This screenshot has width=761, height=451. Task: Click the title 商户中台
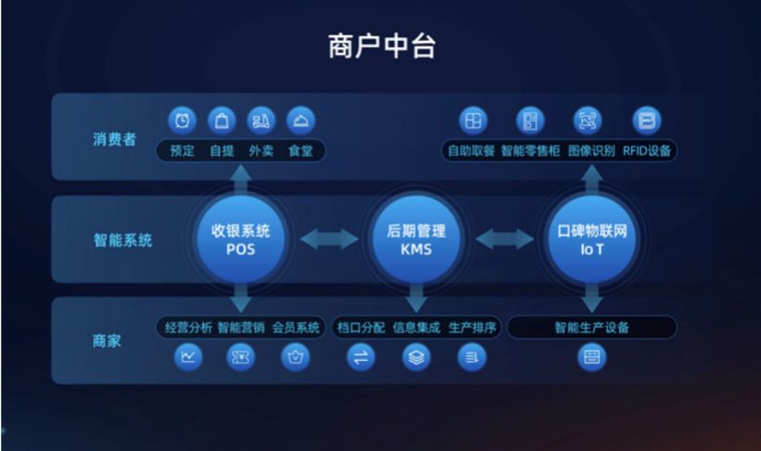382,46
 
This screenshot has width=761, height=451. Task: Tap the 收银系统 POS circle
240,239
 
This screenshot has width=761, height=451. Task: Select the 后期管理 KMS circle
416,239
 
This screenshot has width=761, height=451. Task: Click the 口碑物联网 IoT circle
591,239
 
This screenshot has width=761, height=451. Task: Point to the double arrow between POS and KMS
329,238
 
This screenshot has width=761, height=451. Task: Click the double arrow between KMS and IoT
504,238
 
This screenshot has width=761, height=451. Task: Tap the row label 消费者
114,140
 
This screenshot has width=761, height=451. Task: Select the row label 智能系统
123,239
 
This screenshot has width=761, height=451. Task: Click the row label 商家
107,341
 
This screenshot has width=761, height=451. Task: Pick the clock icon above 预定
182,121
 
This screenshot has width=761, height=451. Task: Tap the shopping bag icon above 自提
222,121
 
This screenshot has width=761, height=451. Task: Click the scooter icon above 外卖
261,121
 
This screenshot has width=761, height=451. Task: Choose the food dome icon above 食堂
301,121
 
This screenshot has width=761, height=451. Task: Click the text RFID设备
647,151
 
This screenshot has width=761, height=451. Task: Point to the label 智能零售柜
531,151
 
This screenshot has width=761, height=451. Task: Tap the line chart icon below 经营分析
187,357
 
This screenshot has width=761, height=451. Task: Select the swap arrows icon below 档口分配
361,358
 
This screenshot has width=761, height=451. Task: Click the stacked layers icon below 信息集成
417,358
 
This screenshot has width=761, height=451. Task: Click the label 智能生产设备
591,328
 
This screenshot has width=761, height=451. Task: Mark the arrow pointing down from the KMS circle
416,297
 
